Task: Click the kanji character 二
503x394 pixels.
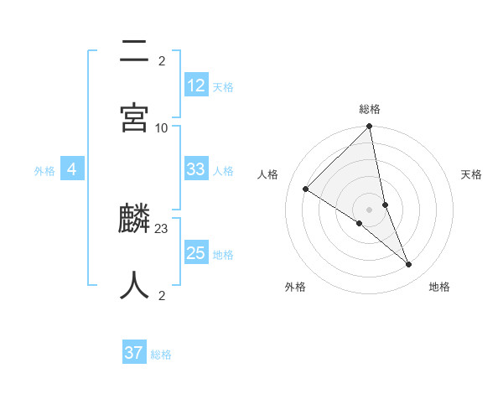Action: coord(134,52)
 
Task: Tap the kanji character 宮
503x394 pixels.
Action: coord(134,118)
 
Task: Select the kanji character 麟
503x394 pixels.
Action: coord(134,220)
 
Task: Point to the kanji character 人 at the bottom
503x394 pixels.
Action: coord(134,285)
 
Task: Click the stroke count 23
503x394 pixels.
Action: coord(162,228)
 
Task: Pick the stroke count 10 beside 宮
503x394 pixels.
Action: coord(162,127)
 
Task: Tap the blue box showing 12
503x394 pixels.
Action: coord(195,86)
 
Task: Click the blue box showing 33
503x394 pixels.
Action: coord(195,169)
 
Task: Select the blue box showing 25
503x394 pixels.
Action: coord(195,253)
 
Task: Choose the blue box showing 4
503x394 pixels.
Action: coord(72,169)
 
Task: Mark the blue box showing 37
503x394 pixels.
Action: coord(134,353)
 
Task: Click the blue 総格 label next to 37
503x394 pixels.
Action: coord(161,355)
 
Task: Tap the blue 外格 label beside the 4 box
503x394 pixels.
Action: coord(44,171)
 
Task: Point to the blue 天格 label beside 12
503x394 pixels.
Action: coord(223,87)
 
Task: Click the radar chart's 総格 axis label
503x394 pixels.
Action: coord(370,109)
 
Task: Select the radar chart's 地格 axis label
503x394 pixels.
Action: coord(439,288)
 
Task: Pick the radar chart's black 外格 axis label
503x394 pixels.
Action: coord(295,288)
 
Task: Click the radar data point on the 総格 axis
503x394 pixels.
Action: coord(370,127)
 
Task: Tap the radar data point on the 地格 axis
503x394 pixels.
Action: coord(409,265)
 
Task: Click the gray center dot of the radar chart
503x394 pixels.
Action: coord(370,209)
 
